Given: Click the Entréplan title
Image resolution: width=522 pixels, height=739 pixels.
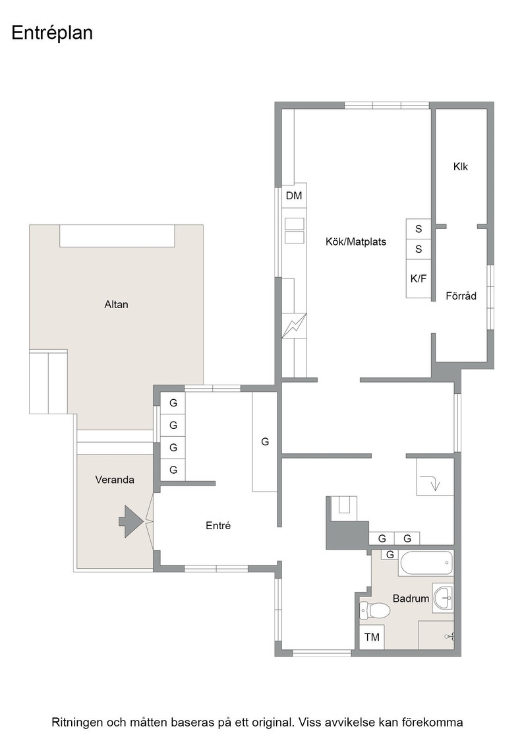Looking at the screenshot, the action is pyautogui.click(x=52, y=34).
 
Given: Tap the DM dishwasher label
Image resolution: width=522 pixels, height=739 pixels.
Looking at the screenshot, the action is pyautogui.click(x=294, y=195).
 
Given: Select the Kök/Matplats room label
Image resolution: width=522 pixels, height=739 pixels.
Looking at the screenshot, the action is pyautogui.click(x=356, y=241).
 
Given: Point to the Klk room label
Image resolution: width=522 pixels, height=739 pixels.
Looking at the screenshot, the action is pyautogui.click(x=460, y=166).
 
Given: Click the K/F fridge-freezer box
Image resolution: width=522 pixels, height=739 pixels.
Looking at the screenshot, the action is pyautogui.click(x=419, y=278).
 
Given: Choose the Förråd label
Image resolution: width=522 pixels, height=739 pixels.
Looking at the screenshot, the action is pyautogui.click(x=461, y=296).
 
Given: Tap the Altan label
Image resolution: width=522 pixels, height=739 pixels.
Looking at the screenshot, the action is pyautogui.click(x=116, y=304).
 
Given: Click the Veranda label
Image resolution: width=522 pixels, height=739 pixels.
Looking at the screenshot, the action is pyautogui.click(x=115, y=480).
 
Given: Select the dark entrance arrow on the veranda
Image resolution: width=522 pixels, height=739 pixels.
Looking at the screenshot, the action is pyautogui.click(x=130, y=521).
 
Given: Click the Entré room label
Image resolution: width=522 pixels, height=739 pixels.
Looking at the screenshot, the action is pyautogui.click(x=218, y=525).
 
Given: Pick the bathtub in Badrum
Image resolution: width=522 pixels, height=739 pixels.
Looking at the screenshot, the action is pyautogui.click(x=426, y=563).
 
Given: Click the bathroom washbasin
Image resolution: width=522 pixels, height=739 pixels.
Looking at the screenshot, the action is pyautogui.click(x=443, y=598).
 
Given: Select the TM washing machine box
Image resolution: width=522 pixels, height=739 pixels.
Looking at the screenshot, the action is pyautogui.click(x=372, y=637).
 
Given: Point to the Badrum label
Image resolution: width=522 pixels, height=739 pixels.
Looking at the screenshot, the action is pyautogui.click(x=411, y=598).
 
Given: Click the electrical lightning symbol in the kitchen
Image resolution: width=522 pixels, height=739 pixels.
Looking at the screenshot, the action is pyautogui.click(x=294, y=326).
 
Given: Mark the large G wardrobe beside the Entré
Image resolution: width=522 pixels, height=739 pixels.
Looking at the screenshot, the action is pyautogui.click(x=264, y=442).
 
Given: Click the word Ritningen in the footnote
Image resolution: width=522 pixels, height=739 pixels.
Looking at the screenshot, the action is pyautogui.click(x=74, y=723).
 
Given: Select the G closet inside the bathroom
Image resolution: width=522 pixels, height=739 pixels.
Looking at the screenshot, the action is pyautogui.click(x=390, y=555).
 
